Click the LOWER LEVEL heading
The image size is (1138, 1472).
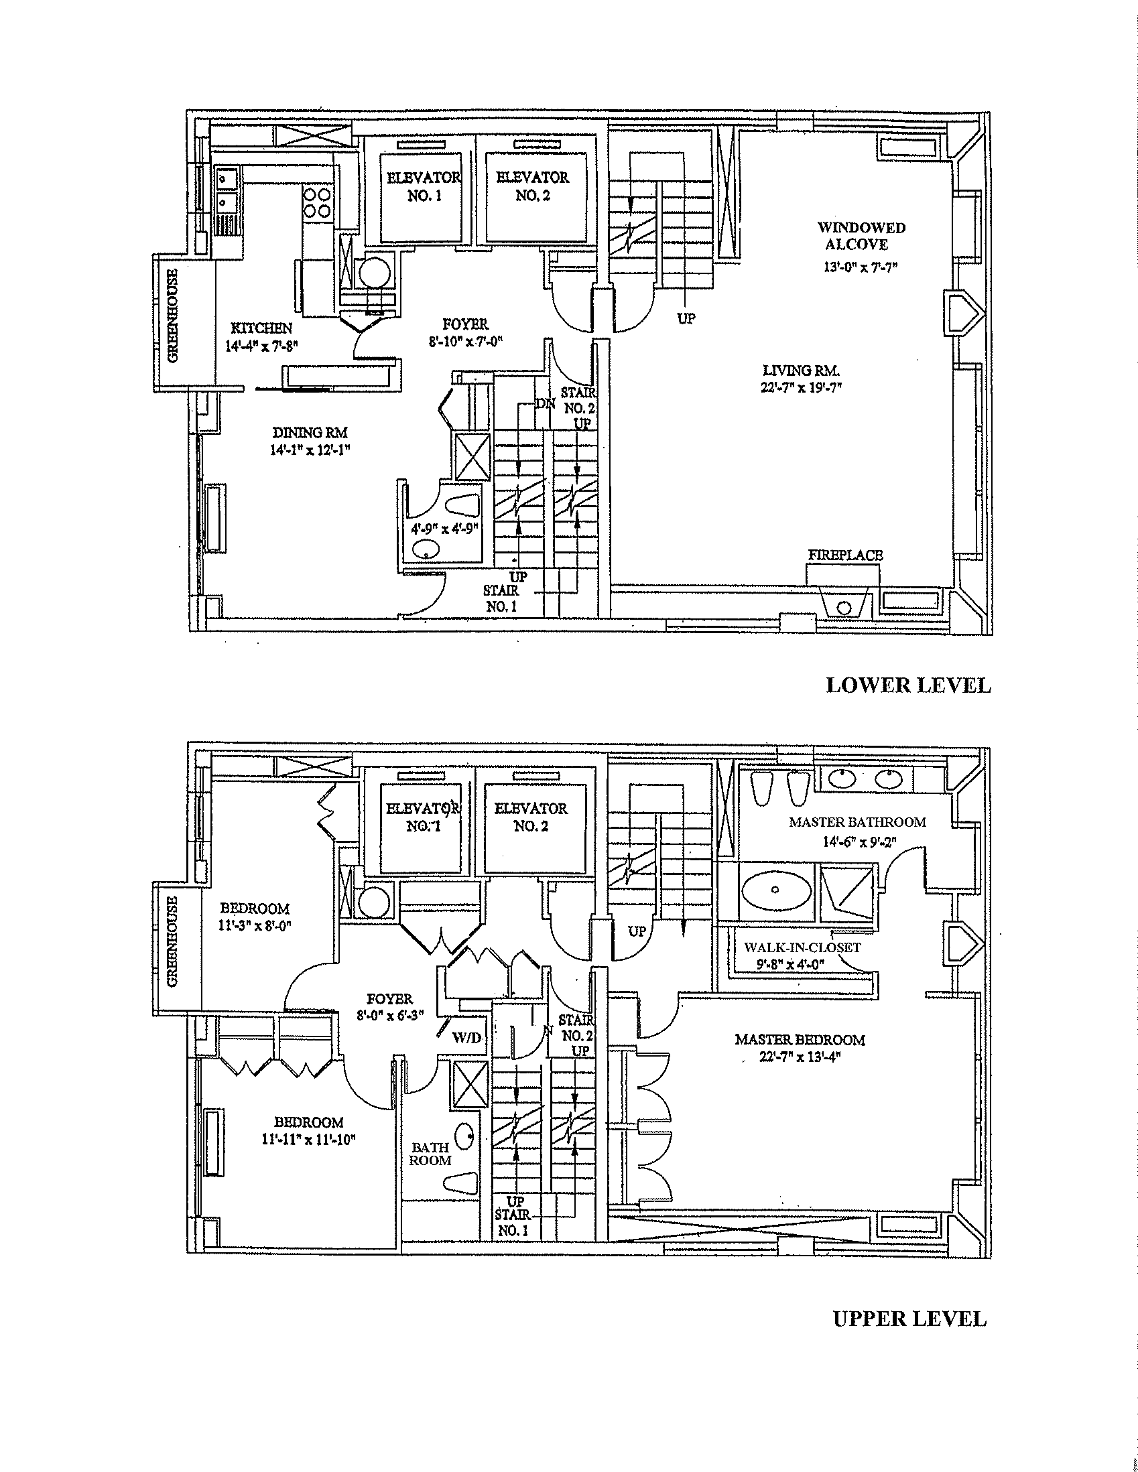pyautogui.click(x=908, y=685)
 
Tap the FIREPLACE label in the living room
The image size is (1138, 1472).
pyautogui.click(x=845, y=555)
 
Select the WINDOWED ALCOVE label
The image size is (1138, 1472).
pyautogui.click(x=861, y=236)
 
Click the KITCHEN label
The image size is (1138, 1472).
pyautogui.click(x=261, y=328)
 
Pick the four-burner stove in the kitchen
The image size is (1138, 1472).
pyautogui.click(x=316, y=202)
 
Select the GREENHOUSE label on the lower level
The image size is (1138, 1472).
pyautogui.click(x=173, y=317)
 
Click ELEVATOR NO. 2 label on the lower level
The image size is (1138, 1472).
pyautogui.click(x=533, y=186)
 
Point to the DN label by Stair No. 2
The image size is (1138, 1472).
pyautogui.click(x=545, y=405)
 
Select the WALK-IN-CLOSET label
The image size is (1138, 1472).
pyautogui.click(x=802, y=947)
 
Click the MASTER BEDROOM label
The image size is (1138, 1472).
pyautogui.click(x=800, y=1040)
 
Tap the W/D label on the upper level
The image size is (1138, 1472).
pyautogui.click(x=467, y=1039)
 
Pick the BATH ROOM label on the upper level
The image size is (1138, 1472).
pyautogui.click(x=431, y=1153)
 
